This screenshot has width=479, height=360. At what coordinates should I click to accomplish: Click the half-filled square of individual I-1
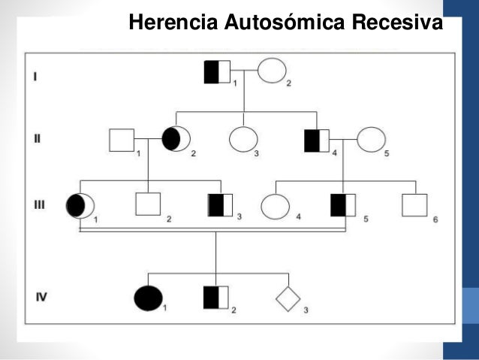[x=217, y=71]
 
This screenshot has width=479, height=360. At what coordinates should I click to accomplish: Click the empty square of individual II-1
[x=122, y=141]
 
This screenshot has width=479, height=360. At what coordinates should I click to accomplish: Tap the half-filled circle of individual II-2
[x=176, y=139]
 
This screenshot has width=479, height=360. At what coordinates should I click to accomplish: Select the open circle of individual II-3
[x=243, y=140]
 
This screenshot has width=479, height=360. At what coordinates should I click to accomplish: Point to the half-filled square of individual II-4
[x=317, y=141]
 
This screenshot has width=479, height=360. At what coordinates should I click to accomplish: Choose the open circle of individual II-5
[x=371, y=140]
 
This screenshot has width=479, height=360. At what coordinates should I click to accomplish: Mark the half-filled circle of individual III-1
[x=80, y=206]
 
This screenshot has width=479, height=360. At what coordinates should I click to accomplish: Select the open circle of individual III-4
[x=276, y=206]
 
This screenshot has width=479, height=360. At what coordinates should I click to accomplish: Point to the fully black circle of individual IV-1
[x=147, y=298]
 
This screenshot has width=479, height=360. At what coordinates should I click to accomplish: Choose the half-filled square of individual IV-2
[x=216, y=298]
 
